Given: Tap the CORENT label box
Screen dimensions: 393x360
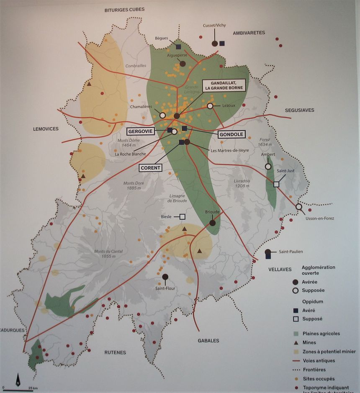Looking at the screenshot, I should tap(150, 168).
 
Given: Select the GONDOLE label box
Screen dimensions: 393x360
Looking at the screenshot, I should tap(231, 134).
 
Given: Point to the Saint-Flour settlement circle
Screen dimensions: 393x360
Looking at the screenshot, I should tap(165, 277).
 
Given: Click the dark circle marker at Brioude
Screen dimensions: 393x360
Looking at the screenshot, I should tap(212, 223).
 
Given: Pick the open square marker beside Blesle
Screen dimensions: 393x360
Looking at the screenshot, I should tap(182, 216).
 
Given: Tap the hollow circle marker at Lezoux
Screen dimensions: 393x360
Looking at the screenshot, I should tap(210, 106).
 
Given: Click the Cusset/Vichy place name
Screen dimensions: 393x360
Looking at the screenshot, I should tap(214, 26).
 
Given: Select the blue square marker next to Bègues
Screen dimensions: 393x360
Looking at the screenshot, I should tap(178, 47).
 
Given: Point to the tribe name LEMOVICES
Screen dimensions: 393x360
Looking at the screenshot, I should tap(46, 129).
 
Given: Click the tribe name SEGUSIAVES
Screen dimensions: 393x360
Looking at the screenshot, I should tap(299, 110).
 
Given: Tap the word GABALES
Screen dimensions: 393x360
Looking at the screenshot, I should tap(208, 341).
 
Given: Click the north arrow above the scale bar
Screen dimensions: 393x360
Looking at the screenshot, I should tap(18, 380).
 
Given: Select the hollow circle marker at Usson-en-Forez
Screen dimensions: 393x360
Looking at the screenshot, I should tap(299, 207).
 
